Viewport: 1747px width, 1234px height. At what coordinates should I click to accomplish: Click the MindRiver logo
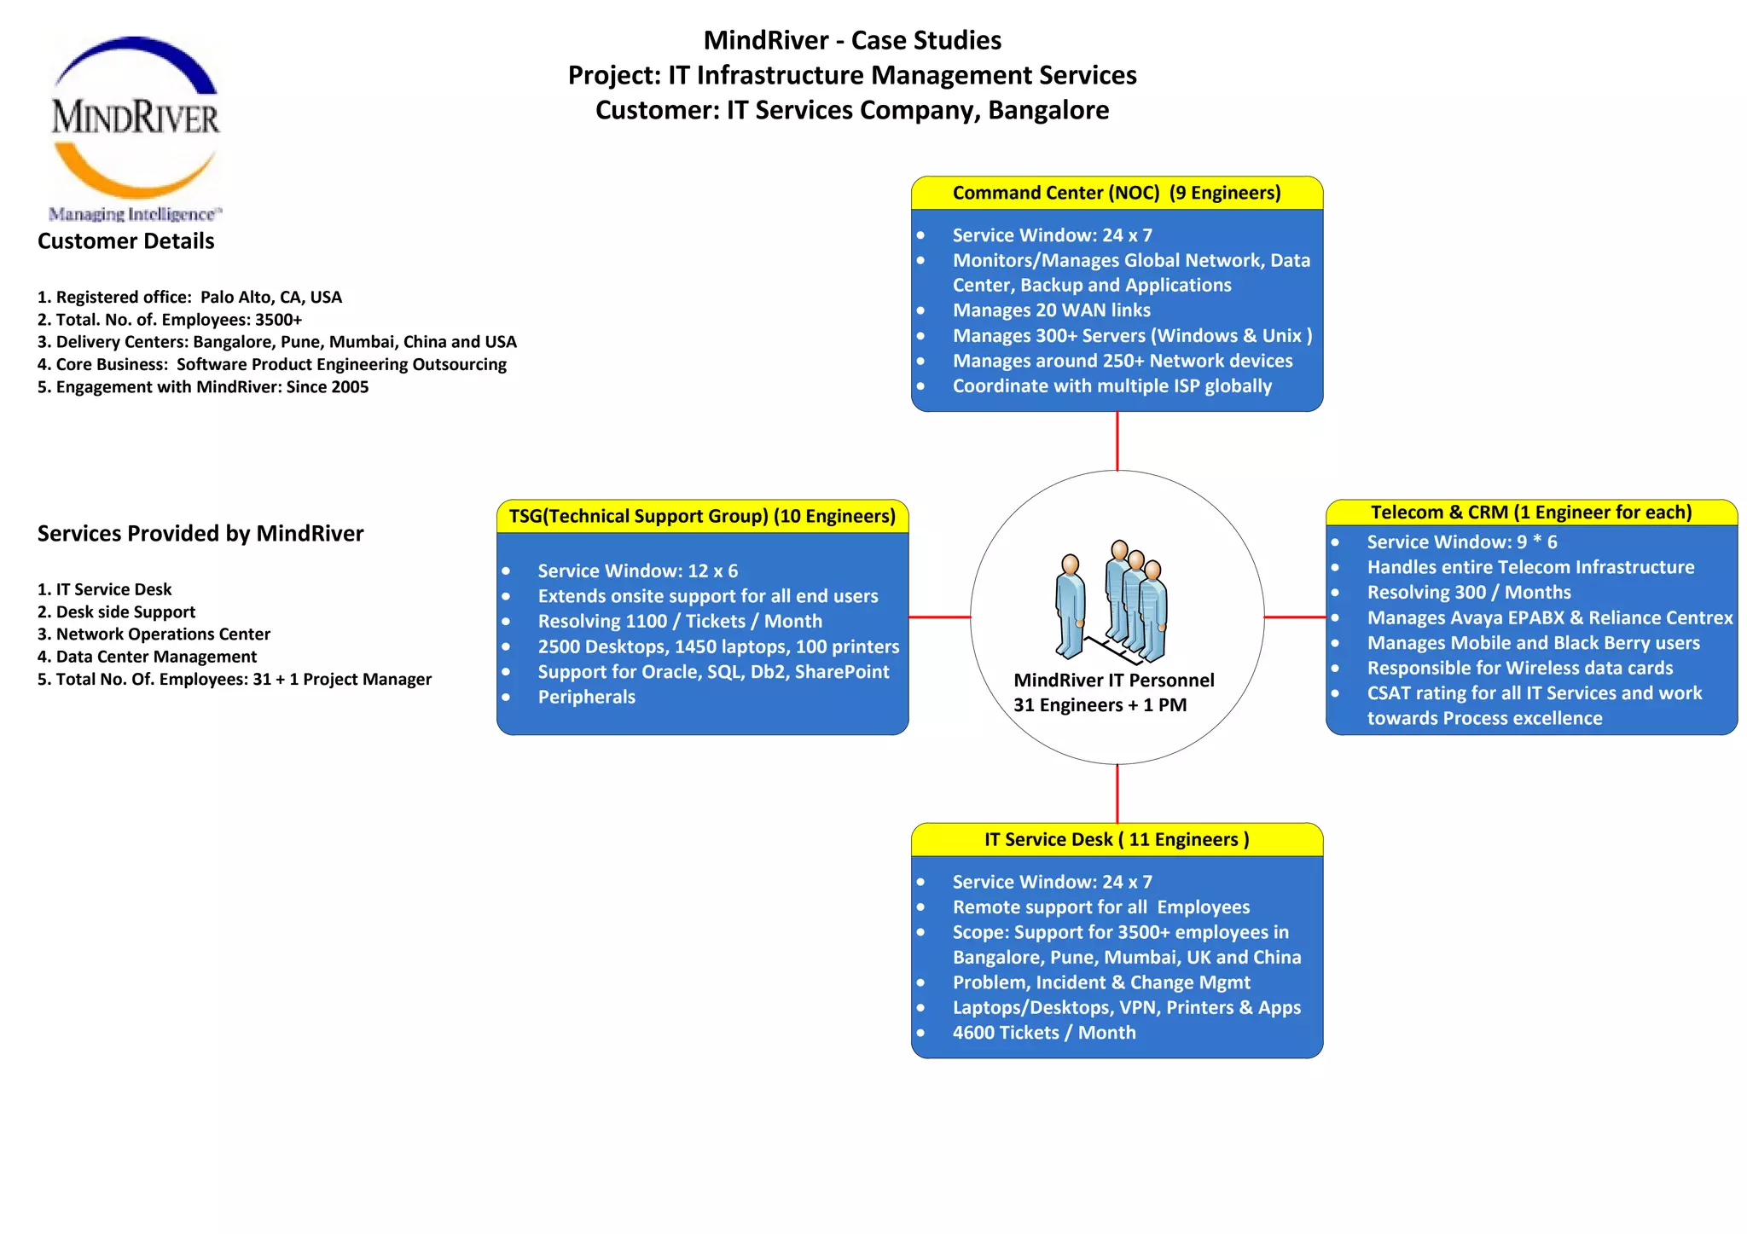point(135,126)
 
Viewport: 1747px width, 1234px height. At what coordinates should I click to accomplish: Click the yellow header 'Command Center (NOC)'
point(1116,194)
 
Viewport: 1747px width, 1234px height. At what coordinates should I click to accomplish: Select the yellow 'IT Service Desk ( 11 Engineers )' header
point(1116,840)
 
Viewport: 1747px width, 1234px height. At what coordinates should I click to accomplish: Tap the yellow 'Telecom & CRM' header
point(1530,513)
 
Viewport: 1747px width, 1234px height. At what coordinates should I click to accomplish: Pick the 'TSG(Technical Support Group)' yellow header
point(701,517)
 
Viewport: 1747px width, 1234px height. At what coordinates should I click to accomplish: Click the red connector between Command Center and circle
point(1117,441)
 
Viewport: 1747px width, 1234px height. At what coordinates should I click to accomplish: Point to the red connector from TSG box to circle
point(939,617)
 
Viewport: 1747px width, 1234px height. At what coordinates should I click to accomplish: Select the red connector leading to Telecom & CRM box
point(1294,617)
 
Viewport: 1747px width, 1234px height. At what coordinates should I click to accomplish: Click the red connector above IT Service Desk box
point(1117,793)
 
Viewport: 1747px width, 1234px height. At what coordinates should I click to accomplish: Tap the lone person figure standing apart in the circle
point(1070,605)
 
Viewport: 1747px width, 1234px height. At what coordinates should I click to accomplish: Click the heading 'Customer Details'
point(126,241)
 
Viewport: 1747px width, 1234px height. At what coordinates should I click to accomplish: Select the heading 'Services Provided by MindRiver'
point(200,534)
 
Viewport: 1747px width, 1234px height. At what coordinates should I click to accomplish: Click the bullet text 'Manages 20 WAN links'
point(1051,310)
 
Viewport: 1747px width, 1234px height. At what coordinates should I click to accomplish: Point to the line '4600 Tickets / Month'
point(1043,1033)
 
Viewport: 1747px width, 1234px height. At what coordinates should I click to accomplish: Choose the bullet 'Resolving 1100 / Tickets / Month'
point(680,622)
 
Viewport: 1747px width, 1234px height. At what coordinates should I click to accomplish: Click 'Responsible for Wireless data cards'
point(1519,669)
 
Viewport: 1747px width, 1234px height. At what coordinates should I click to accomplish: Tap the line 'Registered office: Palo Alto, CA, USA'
point(189,298)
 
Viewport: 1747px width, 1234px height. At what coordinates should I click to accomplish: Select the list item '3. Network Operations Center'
point(154,634)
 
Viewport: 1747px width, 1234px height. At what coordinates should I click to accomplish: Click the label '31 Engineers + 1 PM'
point(1100,705)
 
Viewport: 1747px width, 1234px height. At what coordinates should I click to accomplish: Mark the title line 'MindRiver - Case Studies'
point(852,40)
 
